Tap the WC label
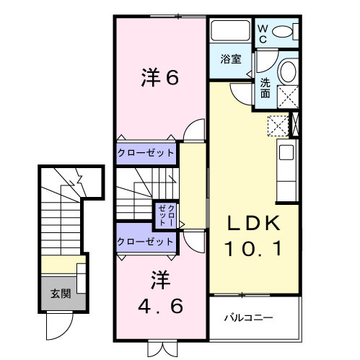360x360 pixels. [263, 32]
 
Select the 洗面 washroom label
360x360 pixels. [265, 89]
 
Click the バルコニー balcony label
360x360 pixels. [247, 317]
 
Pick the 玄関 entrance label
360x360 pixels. [60, 294]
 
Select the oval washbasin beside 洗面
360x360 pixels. [287, 72]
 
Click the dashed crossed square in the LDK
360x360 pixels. [277, 126]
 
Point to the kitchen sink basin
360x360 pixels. [286, 153]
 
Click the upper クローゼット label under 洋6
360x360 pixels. [146, 153]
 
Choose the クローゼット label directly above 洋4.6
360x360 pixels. [146, 241]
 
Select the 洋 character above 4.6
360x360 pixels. [159, 278]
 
